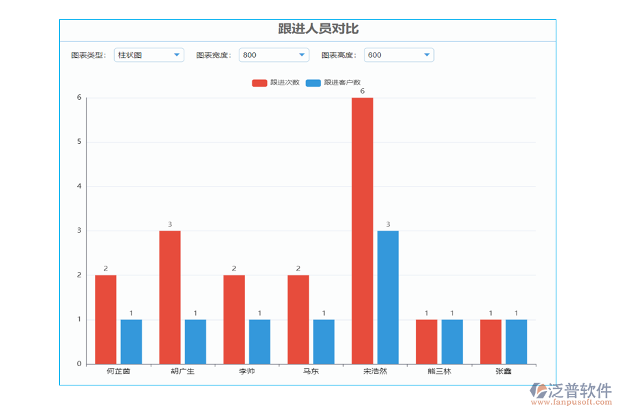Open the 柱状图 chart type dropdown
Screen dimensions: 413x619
point(149,55)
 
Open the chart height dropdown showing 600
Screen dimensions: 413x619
point(399,55)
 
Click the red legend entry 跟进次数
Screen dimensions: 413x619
point(276,83)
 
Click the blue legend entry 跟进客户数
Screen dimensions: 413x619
point(333,83)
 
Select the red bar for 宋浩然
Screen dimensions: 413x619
point(362,231)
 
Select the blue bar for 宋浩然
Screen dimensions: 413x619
point(388,297)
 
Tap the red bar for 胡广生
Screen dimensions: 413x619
point(170,297)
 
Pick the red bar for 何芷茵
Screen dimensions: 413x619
point(106,319)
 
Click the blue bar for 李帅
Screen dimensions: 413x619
point(259,341)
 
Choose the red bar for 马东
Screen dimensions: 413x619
point(298,319)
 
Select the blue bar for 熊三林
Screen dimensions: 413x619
point(452,341)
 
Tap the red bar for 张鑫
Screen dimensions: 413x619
point(490,341)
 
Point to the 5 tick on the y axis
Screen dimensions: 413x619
point(79,142)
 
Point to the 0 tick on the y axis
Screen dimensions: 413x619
point(79,364)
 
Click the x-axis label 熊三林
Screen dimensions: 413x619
point(439,372)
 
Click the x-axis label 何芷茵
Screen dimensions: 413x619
point(118,372)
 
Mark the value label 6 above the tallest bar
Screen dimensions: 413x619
point(362,91)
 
